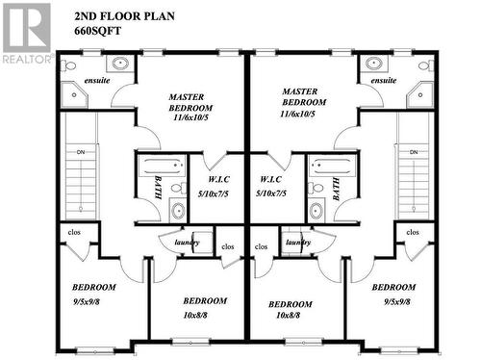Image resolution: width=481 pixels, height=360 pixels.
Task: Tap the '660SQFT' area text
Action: click(98, 30)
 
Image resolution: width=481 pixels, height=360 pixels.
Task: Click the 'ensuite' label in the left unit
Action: click(97, 81)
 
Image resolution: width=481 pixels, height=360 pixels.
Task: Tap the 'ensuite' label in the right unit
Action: click(382, 81)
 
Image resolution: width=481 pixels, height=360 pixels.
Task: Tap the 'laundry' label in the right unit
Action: click(298, 243)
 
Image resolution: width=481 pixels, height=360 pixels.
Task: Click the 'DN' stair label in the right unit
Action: click(414, 152)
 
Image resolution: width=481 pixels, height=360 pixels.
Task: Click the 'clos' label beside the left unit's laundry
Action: click(228, 246)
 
